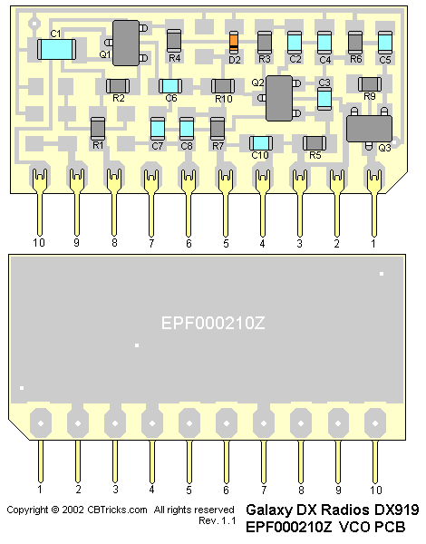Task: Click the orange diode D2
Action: tap(234, 43)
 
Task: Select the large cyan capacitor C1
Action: tap(56, 49)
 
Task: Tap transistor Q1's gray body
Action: tap(126, 43)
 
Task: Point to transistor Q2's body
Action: tap(279, 98)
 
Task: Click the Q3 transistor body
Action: tap(369, 129)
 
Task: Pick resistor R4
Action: tap(174, 41)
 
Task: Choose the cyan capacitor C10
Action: tap(261, 143)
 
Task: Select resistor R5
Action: tap(315, 143)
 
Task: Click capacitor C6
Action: tap(170, 86)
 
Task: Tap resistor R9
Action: tap(370, 84)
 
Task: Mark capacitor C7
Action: tap(158, 129)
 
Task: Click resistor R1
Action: tap(98, 129)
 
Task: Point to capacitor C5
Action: tap(385, 43)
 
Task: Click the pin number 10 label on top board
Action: tap(39, 242)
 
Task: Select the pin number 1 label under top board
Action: tap(373, 243)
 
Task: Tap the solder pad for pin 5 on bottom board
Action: tap(189, 423)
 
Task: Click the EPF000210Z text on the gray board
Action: tap(213, 324)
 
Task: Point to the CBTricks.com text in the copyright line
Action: tap(117, 510)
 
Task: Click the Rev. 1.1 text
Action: tap(218, 520)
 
